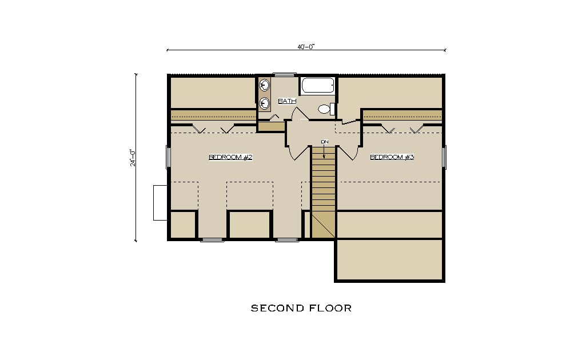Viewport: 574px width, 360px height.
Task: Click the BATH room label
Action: coord(287,101)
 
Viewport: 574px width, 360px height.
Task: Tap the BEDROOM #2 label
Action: coord(230,157)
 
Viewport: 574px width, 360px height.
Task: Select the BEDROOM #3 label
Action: coord(392,157)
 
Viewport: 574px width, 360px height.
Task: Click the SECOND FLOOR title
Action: coord(301,308)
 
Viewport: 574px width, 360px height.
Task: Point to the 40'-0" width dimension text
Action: coord(306,46)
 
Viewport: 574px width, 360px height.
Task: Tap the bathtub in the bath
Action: coord(317,85)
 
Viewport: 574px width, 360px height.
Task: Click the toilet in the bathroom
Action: coord(326,109)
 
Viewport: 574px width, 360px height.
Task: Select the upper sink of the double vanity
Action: coord(264,86)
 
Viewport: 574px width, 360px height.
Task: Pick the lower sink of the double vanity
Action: coord(264,103)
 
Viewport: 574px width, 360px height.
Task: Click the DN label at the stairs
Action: coord(324,142)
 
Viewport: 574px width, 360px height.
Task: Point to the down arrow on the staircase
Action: coord(324,151)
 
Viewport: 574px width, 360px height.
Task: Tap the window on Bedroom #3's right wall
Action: coord(444,157)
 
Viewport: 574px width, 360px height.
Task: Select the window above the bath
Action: coord(285,75)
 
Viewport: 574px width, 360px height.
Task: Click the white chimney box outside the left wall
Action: coord(160,203)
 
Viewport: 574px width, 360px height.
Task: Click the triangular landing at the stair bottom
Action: coord(324,226)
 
